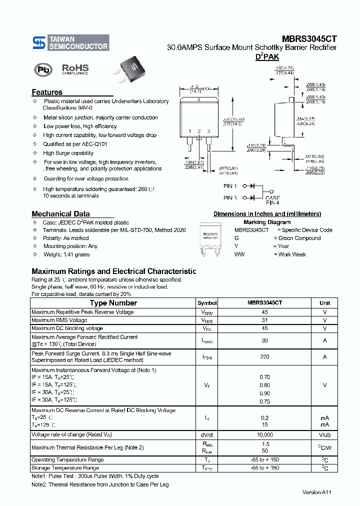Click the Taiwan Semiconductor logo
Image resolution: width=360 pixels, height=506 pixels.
[70, 42]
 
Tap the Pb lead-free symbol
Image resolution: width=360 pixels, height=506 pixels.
[43, 69]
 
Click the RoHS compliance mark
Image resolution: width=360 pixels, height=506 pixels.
[75, 69]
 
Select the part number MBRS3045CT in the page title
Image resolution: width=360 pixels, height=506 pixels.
[308, 38]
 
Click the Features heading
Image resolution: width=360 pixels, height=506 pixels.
[47, 92]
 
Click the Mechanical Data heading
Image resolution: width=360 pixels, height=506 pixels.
[60, 213]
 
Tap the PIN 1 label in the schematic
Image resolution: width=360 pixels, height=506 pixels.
[230, 185]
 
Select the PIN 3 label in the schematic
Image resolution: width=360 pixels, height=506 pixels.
[230, 197]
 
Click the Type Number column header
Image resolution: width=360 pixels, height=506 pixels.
[113, 303]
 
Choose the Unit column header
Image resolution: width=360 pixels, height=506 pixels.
[324, 303]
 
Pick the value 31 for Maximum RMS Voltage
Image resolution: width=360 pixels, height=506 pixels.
[264, 320]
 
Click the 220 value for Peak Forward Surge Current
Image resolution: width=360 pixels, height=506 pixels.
[264, 356]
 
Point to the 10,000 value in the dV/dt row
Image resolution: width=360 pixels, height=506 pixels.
[264, 434]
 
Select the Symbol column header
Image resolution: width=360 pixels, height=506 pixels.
[207, 303]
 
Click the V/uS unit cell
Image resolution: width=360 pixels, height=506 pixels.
[324, 434]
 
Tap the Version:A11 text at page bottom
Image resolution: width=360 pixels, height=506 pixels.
[316, 492]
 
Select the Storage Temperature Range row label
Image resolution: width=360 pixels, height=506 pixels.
[65, 468]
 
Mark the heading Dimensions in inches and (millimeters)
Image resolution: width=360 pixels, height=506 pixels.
[267, 214]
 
